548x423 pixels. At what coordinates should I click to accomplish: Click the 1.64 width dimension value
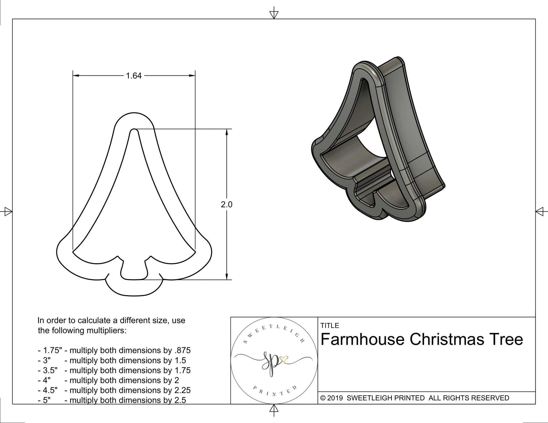134,76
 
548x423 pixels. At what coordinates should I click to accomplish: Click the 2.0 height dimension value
226,205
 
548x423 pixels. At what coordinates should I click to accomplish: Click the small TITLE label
330,325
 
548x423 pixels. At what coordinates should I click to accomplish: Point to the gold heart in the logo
284,359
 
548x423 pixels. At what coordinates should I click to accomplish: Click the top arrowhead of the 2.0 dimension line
226,132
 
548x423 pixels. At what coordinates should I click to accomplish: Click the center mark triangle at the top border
273,14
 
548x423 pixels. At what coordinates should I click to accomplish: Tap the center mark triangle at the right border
540,211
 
